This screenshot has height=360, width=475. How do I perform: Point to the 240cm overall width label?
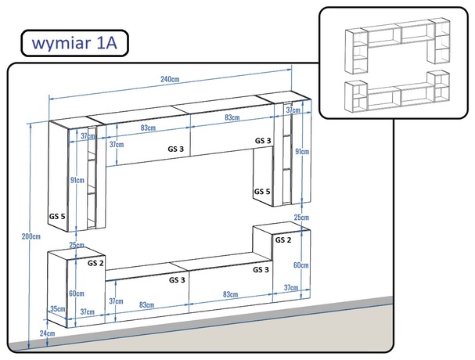click(171, 79)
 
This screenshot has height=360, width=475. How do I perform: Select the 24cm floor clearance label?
click(46, 333)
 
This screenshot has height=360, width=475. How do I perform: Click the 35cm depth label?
click(57, 310)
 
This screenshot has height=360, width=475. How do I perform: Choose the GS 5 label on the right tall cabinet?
click(262, 191)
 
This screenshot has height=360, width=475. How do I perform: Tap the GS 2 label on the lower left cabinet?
click(96, 264)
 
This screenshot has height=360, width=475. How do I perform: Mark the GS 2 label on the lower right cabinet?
click(282, 239)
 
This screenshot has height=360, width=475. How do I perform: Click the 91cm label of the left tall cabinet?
click(77, 180)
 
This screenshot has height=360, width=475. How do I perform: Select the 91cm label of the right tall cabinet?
click(301, 151)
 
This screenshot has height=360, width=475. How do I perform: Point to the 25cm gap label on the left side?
click(76, 245)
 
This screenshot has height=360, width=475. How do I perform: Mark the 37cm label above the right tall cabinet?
click(293, 111)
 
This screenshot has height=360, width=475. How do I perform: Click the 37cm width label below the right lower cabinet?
click(289, 288)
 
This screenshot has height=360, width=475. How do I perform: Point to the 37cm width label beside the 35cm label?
click(87, 311)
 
